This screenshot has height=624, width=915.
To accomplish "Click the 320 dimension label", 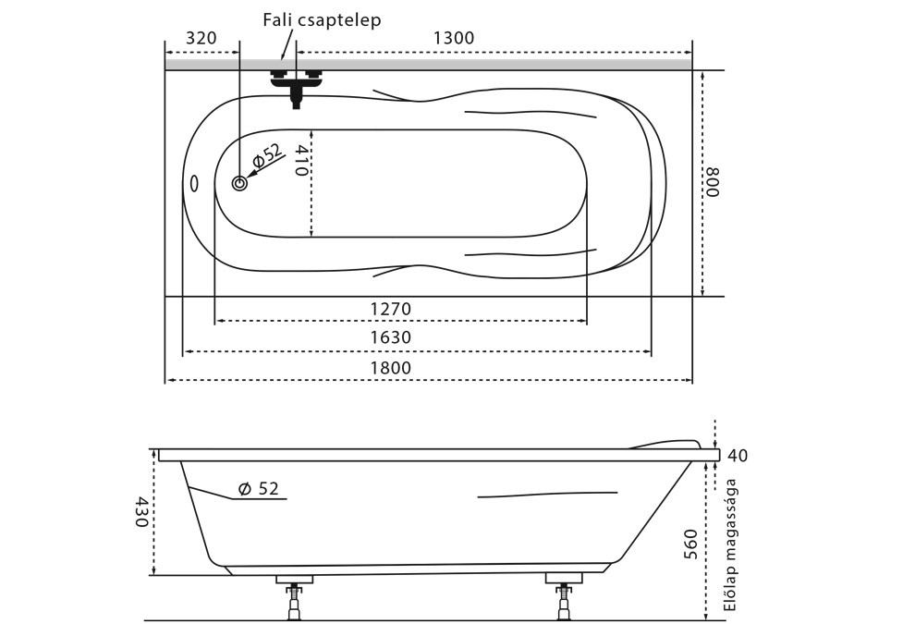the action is point(201,38).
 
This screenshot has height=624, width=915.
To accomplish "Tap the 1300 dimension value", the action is point(454,38).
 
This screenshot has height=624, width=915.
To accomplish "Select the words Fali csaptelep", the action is point(322,20).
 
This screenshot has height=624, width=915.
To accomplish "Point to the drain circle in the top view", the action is point(239,183).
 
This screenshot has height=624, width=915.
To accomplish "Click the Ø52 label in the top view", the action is point(268,155).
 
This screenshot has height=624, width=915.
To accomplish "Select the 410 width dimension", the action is point(300,160).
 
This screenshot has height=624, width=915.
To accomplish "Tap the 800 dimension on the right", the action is point(713,182).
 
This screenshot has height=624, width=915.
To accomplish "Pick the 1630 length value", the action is point(391,337).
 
